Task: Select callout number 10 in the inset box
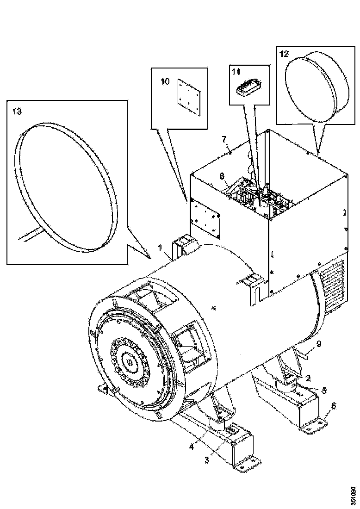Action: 165,81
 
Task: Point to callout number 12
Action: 284,54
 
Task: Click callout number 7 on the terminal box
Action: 223,140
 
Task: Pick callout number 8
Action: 222,176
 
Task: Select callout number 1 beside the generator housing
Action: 160,248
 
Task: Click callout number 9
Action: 319,343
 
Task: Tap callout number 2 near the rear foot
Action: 308,378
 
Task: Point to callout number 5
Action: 324,391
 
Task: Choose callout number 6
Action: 334,405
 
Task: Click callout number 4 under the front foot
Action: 192,447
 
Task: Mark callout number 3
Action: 207,459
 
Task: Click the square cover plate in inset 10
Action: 189,96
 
